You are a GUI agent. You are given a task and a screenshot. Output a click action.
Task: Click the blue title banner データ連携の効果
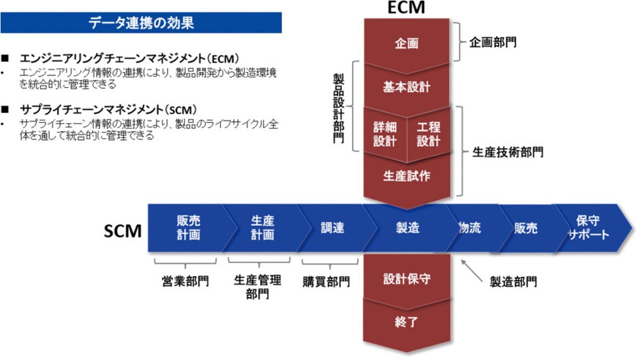point(141,23)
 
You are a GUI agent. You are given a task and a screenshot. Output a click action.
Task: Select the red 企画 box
point(406,44)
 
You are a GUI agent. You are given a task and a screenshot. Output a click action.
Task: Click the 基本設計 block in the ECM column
point(406,88)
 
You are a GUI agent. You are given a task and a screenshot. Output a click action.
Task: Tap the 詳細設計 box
point(385,134)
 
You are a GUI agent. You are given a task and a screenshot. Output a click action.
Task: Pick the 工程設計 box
point(428,134)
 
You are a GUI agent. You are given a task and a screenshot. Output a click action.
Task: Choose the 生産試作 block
point(406,177)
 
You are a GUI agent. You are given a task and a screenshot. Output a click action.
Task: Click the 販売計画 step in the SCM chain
point(188,228)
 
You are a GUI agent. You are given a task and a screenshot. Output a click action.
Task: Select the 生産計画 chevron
point(262,228)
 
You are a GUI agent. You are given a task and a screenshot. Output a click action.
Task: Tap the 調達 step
point(333,228)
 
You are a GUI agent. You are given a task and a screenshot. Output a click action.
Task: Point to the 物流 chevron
point(469,228)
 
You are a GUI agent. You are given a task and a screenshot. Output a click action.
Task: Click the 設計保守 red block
point(406,279)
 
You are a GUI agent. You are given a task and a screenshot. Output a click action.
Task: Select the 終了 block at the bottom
point(406,322)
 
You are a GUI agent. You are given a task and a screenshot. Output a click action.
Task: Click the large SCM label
point(123,231)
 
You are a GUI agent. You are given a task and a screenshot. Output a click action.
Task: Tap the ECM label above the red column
point(407,8)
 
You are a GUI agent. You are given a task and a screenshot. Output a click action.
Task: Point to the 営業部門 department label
point(185,281)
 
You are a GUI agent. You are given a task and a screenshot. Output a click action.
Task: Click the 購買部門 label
point(326,282)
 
